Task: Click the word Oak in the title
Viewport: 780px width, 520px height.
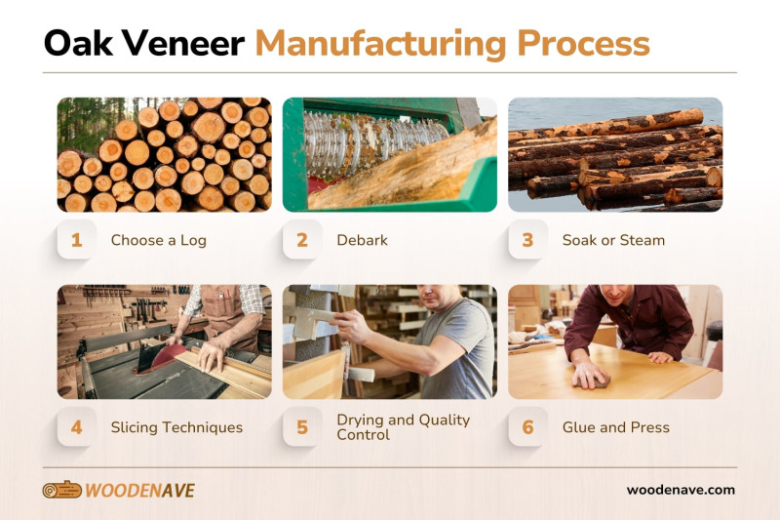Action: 78,43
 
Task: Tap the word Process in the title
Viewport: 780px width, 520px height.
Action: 583,43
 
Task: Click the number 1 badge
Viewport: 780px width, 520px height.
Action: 76,240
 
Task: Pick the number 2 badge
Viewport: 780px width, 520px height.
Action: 302,240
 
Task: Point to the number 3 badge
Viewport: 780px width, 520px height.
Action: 527,240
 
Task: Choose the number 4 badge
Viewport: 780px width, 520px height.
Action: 76,427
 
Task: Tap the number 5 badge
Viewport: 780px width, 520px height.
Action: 302,427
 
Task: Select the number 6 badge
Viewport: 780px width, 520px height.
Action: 527,427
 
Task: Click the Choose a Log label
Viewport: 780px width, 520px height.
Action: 158,240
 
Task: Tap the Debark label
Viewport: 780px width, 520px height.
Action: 362,240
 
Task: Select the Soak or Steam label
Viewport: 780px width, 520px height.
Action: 613,240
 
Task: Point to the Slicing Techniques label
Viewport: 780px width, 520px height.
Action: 176,427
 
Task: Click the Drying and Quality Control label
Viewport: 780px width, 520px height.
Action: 403,427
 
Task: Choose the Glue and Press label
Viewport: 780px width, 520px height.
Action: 615,427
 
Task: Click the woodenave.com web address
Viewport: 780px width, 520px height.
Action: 681,490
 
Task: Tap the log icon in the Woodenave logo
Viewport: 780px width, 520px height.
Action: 61,490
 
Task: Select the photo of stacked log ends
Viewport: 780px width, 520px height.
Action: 163,154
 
